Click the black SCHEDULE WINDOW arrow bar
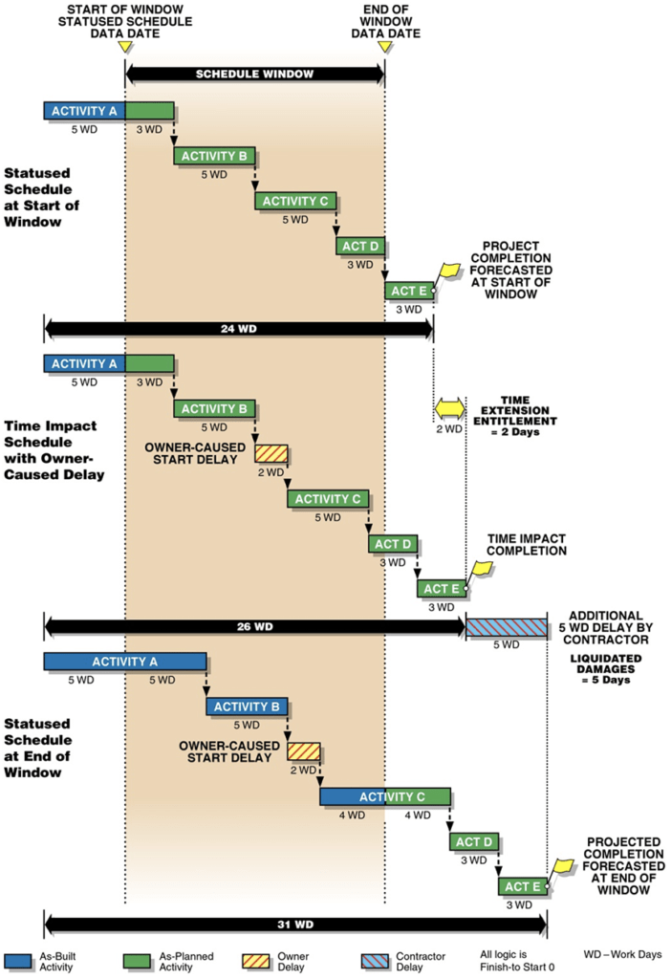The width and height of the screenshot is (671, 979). [x=254, y=73]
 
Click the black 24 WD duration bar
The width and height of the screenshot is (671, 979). [x=238, y=328]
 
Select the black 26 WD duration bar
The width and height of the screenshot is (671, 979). [x=254, y=626]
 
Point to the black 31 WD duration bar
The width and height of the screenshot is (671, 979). [x=294, y=925]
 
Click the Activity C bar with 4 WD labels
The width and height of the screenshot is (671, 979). [x=384, y=796]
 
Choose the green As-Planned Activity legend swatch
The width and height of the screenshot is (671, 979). [x=140, y=961]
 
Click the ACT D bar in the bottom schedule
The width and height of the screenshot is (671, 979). [x=473, y=841]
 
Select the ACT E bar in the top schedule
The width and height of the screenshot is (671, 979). [x=408, y=290]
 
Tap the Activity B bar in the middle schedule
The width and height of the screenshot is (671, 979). [x=213, y=409]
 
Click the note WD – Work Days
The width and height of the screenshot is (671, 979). [x=620, y=955]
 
